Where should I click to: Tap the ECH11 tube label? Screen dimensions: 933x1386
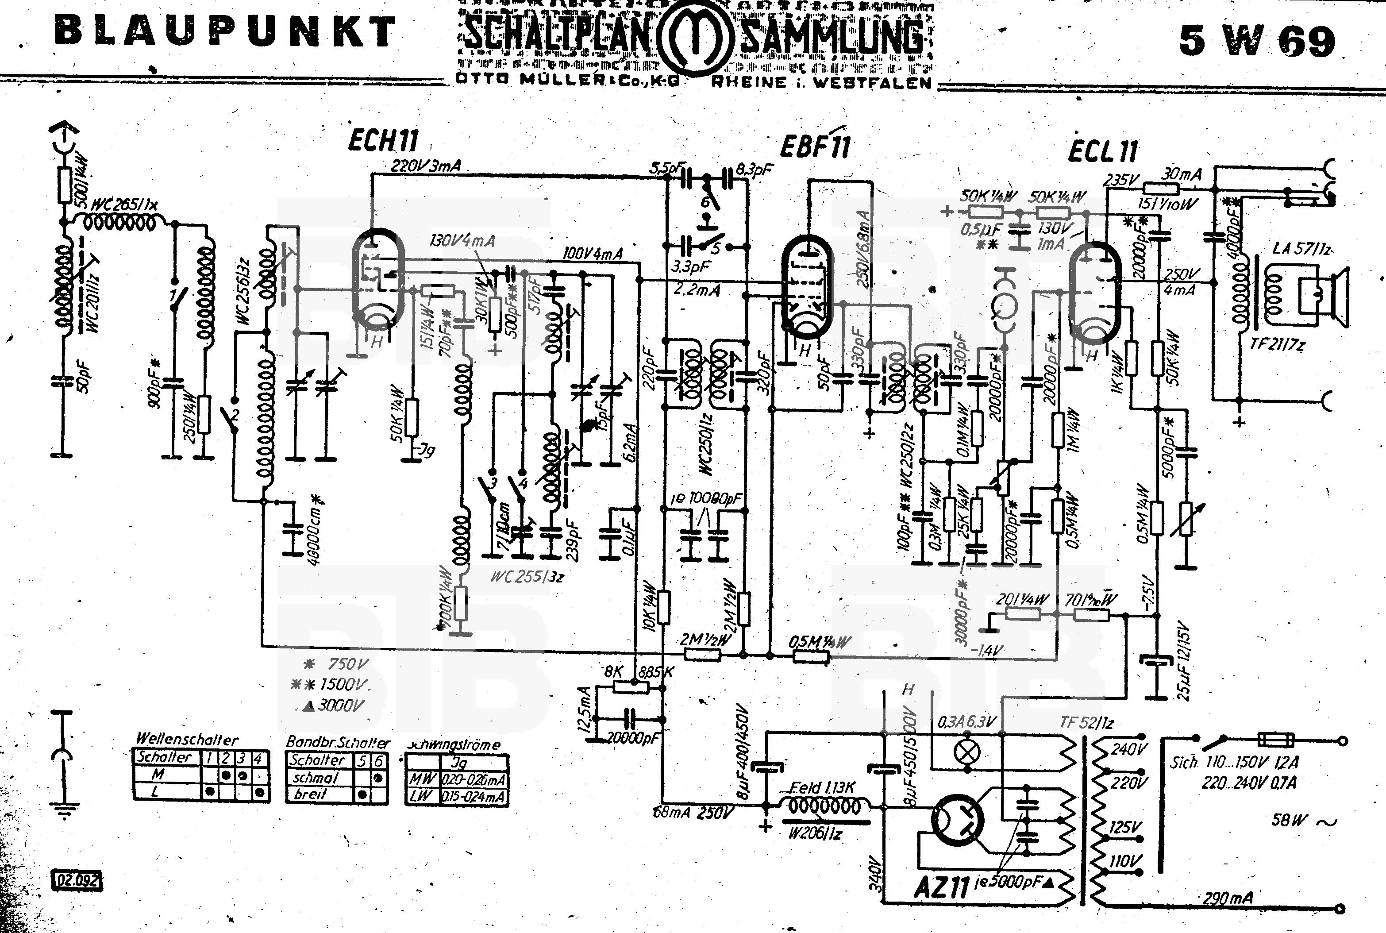pyautogui.click(x=383, y=141)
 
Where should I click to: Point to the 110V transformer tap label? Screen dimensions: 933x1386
pyautogui.click(x=1125, y=861)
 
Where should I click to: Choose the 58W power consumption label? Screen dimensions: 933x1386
pyautogui.click(x=1290, y=820)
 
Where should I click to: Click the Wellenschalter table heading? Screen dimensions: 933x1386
pyautogui.click(x=187, y=739)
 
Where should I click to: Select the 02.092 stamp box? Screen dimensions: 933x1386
pyautogui.click(x=77, y=880)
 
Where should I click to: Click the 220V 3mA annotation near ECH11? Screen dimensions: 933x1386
pyautogui.click(x=425, y=166)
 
